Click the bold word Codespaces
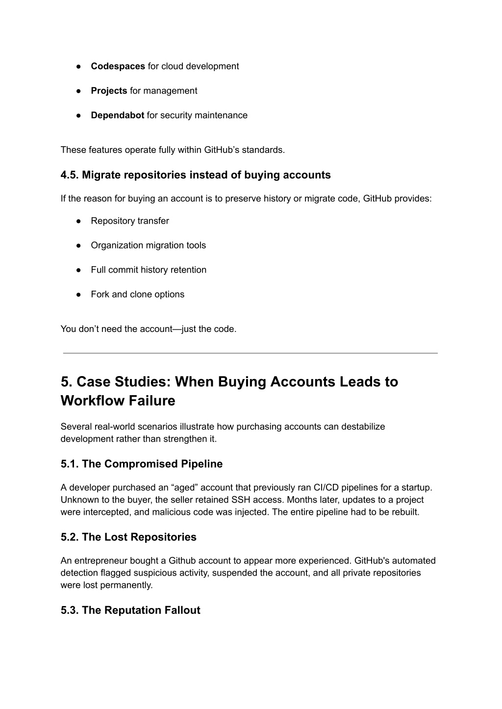point(118,66)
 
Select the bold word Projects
point(109,91)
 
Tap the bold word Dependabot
point(117,115)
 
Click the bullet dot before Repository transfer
point(78,221)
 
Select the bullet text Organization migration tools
point(148,245)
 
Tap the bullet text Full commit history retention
point(149,270)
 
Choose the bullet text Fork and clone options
point(137,294)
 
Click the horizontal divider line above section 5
point(250,353)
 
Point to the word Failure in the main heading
point(152,401)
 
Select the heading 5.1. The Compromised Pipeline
point(142,464)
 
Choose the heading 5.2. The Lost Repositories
point(128,537)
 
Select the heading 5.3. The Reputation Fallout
point(130,610)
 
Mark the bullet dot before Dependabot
point(78,116)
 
